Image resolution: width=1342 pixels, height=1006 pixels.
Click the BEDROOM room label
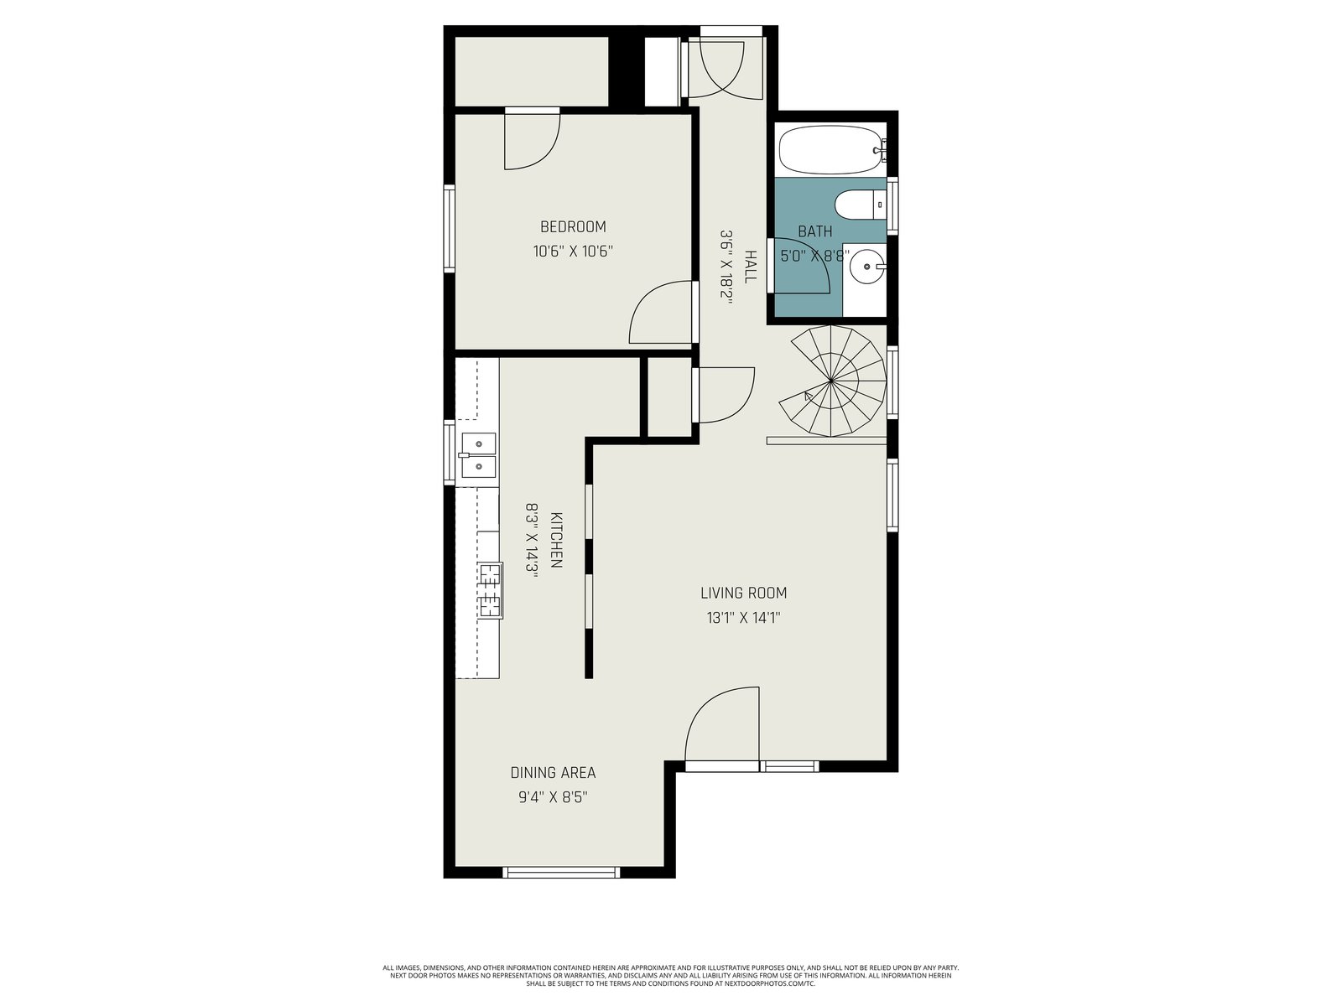(573, 226)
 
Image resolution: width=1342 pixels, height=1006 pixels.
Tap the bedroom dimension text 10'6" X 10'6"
(573, 251)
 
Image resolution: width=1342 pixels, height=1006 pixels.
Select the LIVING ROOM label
(743, 593)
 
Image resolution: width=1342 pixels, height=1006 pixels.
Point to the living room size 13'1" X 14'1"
(743, 618)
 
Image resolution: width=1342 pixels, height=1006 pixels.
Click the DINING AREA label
(553, 773)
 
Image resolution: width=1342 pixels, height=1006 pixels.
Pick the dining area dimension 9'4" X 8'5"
(553, 797)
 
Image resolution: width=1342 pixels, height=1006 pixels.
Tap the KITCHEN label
(556, 540)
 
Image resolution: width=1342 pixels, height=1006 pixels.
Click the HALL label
(750, 267)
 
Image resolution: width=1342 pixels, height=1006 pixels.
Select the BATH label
(815, 231)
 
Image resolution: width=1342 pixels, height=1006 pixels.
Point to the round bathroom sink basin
(866, 266)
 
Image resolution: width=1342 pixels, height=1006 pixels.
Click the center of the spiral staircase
(831, 381)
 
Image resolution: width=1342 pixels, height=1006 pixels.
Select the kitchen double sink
(478, 455)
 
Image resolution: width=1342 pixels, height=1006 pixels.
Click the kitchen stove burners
(491, 591)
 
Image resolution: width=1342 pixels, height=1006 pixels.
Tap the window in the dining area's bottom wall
(561, 872)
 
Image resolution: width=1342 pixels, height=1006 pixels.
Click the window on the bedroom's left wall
(450, 228)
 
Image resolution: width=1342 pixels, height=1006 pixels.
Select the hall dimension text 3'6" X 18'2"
(726, 267)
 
